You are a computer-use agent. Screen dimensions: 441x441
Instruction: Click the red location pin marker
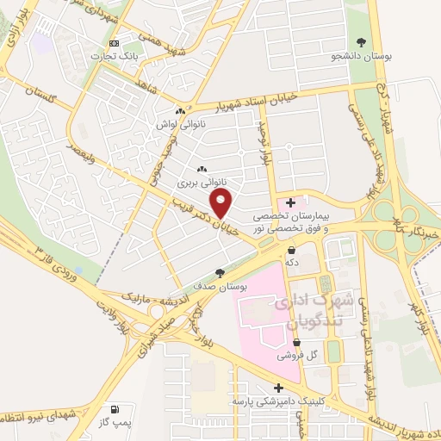click(x=222, y=202)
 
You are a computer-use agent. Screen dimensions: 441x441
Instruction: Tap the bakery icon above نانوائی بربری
click(x=202, y=170)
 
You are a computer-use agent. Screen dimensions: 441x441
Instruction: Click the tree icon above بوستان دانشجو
click(x=362, y=42)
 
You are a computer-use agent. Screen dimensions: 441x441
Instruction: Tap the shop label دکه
click(x=293, y=262)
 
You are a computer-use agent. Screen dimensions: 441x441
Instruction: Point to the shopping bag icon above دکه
click(x=293, y=249)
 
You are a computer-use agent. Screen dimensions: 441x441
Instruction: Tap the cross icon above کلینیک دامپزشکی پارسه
click(x=277, y=388)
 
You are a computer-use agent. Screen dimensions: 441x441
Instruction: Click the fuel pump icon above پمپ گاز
click(x=114, y=410)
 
